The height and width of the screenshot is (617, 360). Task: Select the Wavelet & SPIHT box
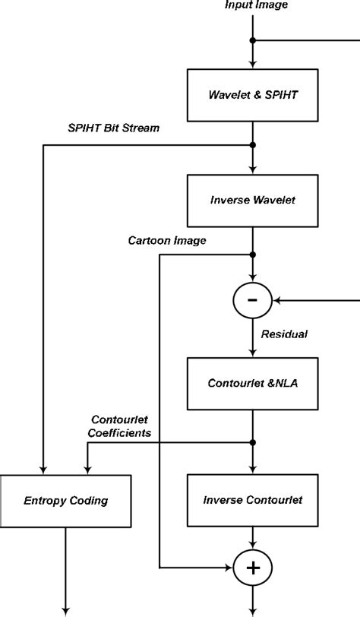tap(252, 95)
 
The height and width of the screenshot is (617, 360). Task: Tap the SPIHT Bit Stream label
tap(113, 128)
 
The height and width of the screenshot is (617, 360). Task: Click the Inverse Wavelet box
tap(252, 201)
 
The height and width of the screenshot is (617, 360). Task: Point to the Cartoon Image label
tap(168, 240)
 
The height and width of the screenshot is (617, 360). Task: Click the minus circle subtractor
tap(252, 301)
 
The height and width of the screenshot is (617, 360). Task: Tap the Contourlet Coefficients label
tap(121, 426)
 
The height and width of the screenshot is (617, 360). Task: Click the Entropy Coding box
tap(65, 500)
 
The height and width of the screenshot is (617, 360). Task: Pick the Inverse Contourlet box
tap(252, 500)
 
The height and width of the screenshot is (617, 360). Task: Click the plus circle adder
tap(252, 567)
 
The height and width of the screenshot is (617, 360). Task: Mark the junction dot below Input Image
tap(252, 40)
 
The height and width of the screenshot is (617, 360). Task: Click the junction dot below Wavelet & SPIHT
tap(252, 144)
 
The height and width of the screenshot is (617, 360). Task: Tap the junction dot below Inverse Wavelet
tap(252, 255)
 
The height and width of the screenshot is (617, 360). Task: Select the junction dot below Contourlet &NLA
tap(252, 443)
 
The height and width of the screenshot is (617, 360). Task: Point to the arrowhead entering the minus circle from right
tap(277, 301)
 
